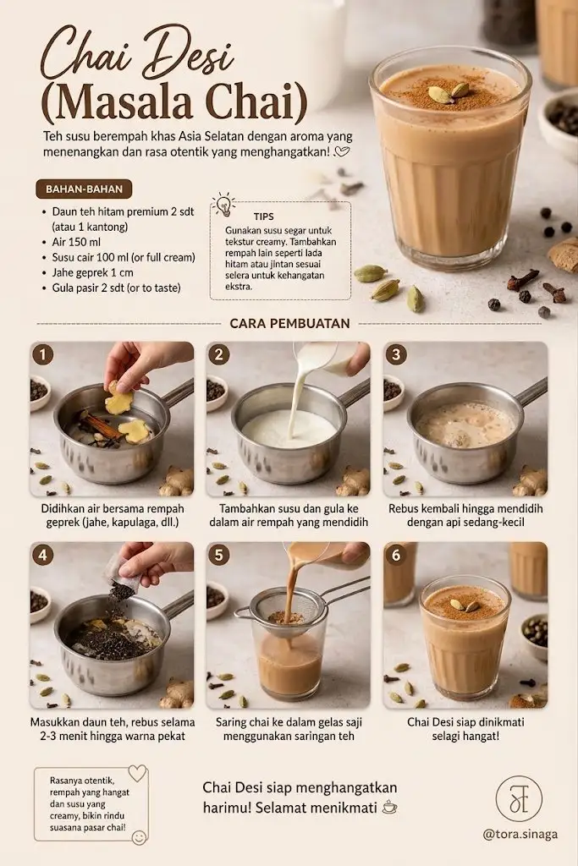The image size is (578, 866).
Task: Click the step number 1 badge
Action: pyautogui.click(x=43, y=355)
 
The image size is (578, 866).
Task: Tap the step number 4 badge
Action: pyautogui.click(x=43, y=555)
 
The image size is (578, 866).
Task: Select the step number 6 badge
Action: pyautogui.click(x=396, y=555)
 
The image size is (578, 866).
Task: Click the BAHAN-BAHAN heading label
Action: pyautogui.click(x=84, y=189)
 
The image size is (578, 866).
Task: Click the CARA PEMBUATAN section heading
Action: pyautogui.click(x=289, y=324)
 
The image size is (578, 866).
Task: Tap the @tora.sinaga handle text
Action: pyautogui.click(x=520, y=835)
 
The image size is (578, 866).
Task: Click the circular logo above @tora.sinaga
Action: pyautogui.click(x=519, y=798)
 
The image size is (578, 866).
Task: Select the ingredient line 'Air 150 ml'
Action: pyautogui.click(x=76, y=242)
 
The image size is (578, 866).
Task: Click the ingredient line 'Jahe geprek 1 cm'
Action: pyautogui.click(x=93, y=272)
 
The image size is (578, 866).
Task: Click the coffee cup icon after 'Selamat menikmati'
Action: pyautogui.click(x=389, y=807)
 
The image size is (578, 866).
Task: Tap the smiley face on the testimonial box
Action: pyautogui.click(x=140, y=837)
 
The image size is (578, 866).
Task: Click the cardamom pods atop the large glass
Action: pyautogui.click(x=449, y=91)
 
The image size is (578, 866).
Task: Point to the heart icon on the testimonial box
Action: pyautogui.click(x=137, y=773)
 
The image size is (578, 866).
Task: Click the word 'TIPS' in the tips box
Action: pyautogui.click(x=263, y=216)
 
